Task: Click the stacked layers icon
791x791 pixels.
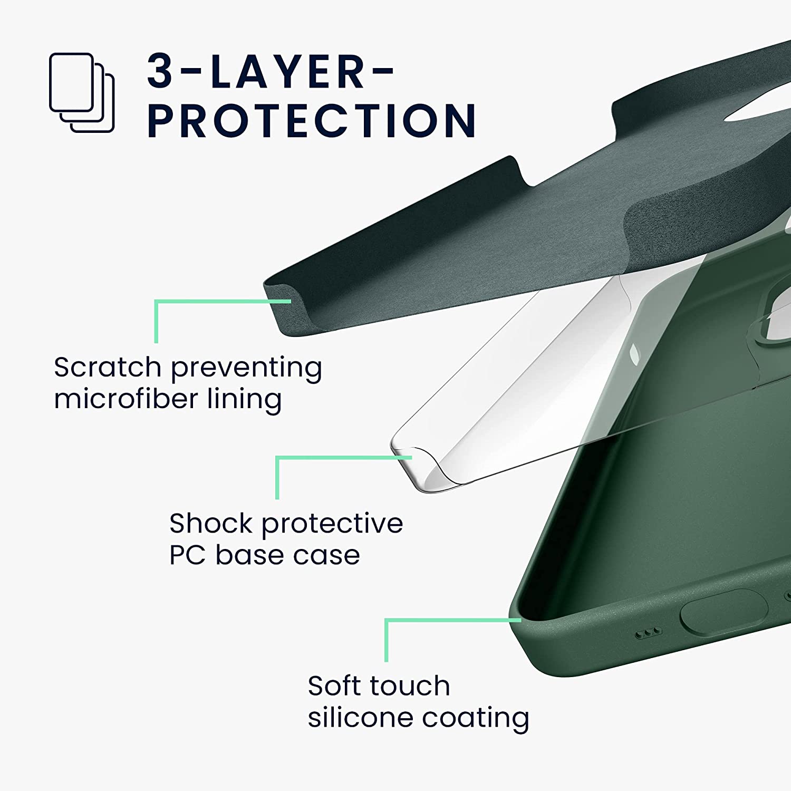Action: click(82, 93)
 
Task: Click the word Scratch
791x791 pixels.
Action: click(107, 367)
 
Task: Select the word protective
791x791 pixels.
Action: click(332, 524)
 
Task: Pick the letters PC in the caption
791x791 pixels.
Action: click(187, 555)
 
